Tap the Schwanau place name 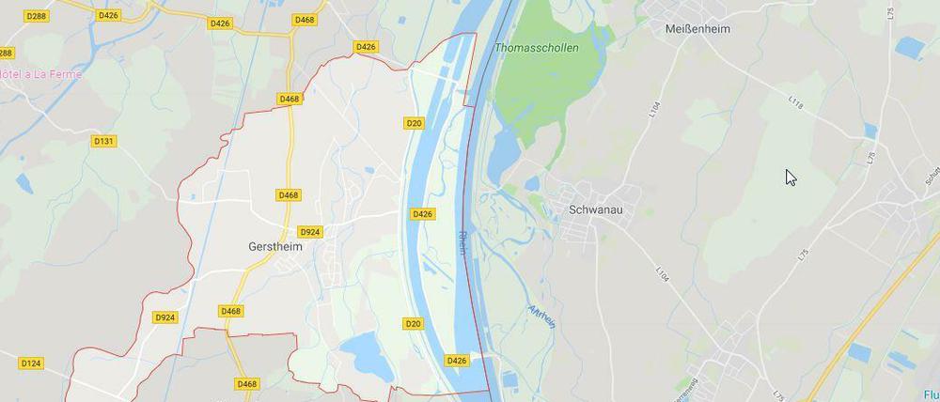597,209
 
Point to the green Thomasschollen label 536,47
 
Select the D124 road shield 31,363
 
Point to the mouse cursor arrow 791,177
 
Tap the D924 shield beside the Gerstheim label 309,232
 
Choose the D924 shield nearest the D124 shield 164,317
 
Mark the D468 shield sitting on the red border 290,99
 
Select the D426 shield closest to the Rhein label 423,214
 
